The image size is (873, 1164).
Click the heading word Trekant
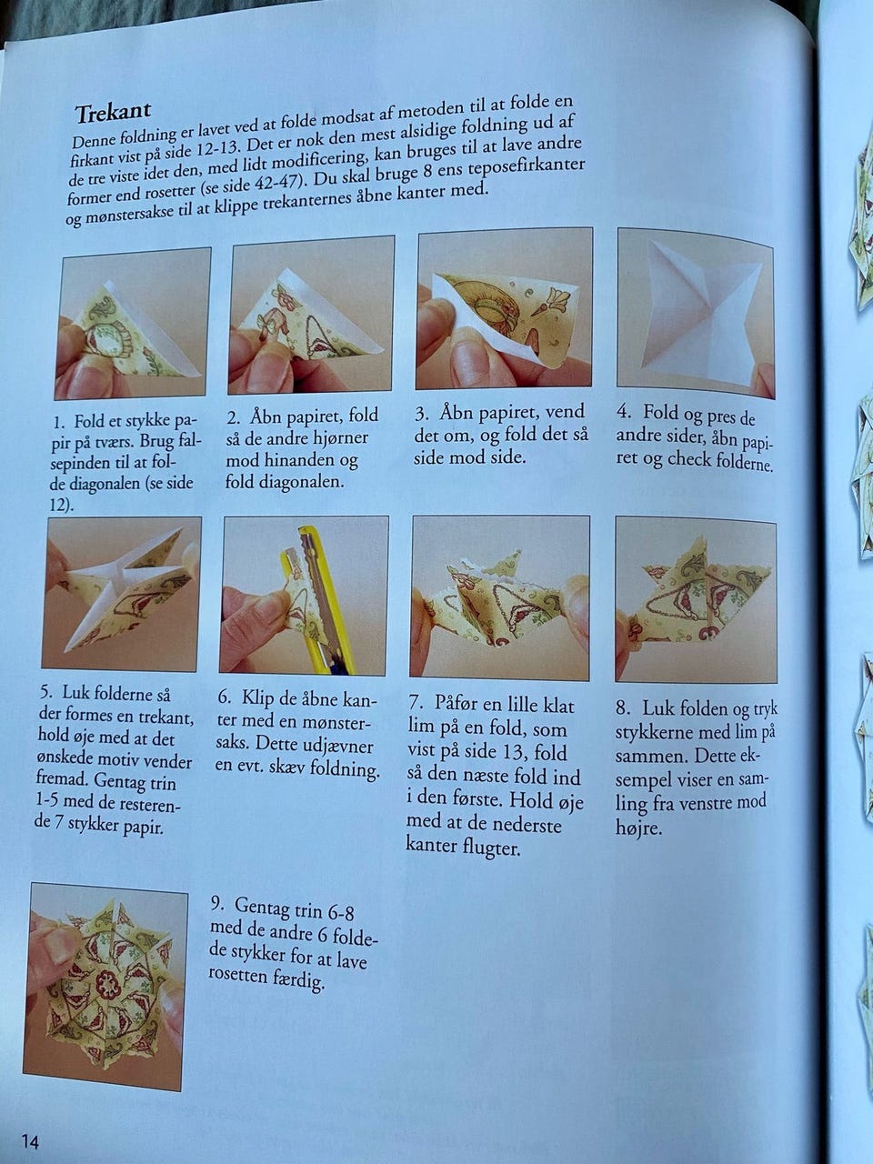pyautogui.click(x=113, y=112)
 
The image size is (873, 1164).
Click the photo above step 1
pyautogui.click(x=133, y=324)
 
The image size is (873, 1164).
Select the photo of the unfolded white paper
pyautogui.click(x=696, y=314)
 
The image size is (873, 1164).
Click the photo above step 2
pyautogui.click(x=312, y=315)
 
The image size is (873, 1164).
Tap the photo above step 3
pyautogui.click(x=504, y=308)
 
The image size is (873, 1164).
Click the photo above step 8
pyautogui.click(x=696, y=599)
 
